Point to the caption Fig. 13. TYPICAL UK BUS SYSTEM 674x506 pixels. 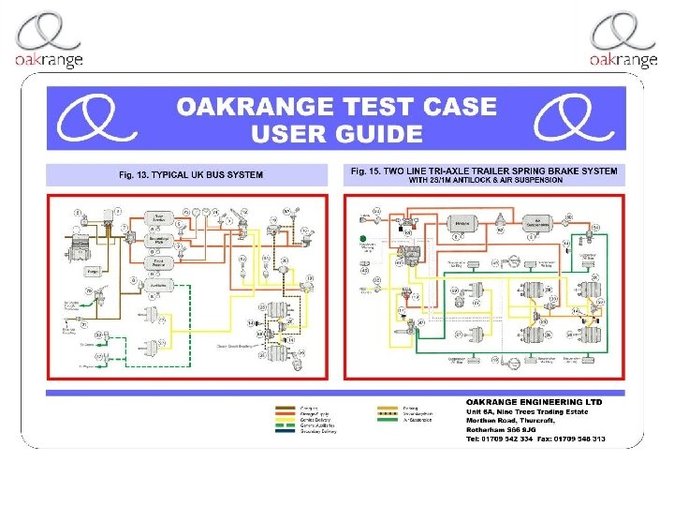pyautogui.click(x=190, y=174)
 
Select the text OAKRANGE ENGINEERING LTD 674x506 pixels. pyautogui.click(x=535, y=402)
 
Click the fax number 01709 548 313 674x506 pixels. pyautogui.click(x=584, y=439)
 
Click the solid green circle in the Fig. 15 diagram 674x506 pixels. pyautogui.click(x=363, y=240)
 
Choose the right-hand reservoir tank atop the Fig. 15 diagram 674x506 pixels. pyautogui.click(x=533, y=224)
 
